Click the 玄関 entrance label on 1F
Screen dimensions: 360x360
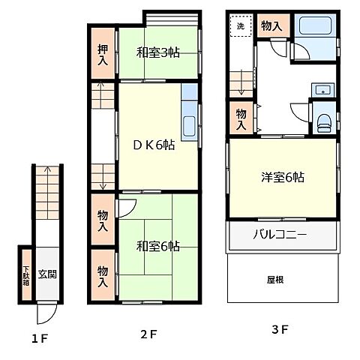(46, 274)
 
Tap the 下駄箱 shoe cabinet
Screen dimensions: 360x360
(25, 274)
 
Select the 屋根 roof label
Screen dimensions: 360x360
(283, 279)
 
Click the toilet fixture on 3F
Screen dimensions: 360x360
(323, 121)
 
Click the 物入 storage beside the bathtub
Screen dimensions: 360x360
(271, 26)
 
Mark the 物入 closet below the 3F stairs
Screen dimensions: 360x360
(241, 118)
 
